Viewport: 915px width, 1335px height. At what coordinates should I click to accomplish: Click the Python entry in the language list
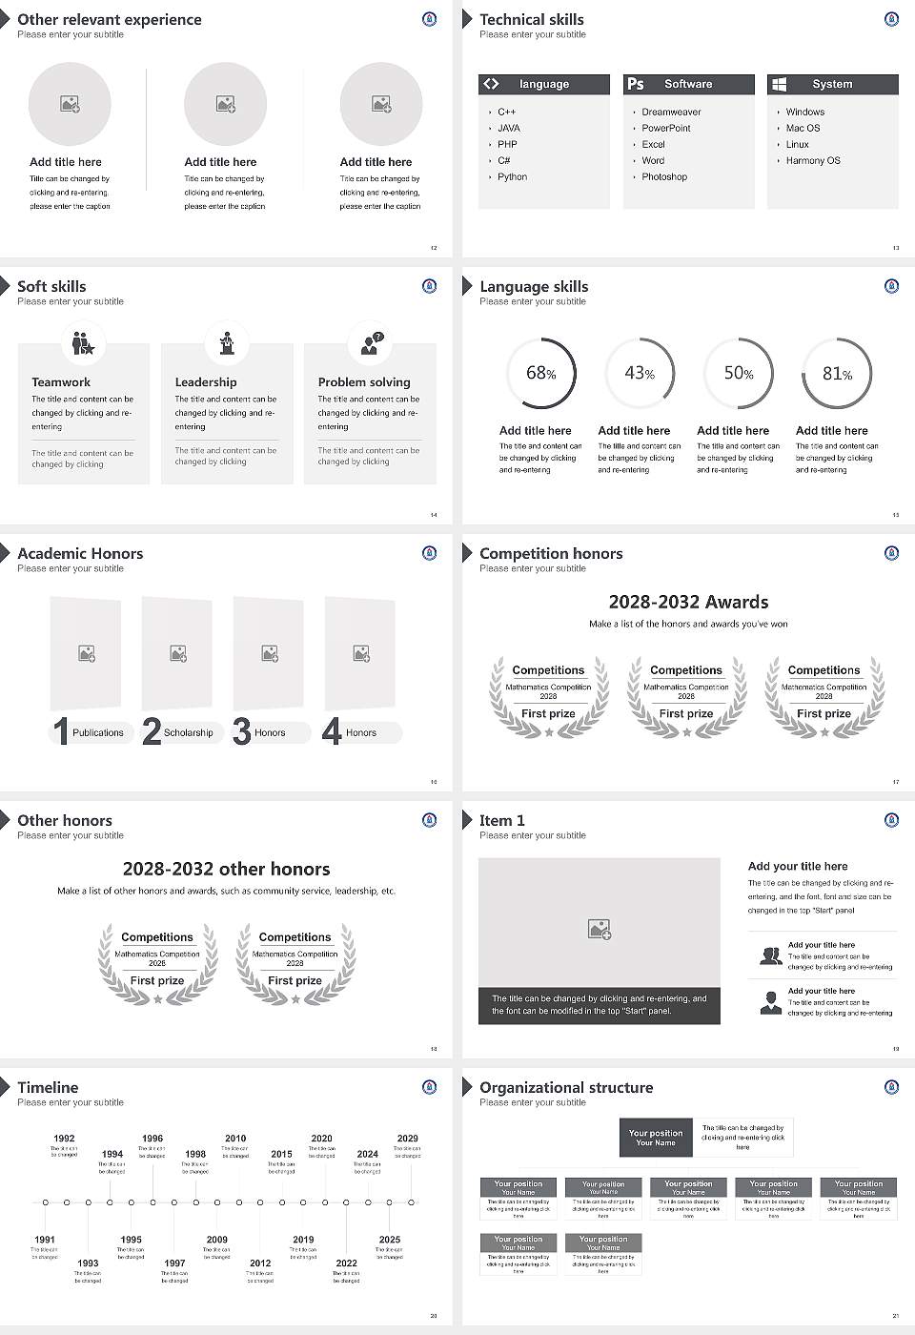pos(512,177)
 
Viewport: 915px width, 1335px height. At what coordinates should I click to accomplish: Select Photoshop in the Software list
pos(664,177)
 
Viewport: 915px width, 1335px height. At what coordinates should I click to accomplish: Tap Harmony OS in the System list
pos(813,161)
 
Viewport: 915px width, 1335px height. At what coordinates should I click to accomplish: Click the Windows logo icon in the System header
pos(779,84)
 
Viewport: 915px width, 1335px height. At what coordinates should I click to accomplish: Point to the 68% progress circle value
pos(540,374)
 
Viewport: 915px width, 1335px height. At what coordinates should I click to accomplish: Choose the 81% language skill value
pos(837,374)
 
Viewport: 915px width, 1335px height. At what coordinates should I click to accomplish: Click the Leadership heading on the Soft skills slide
pos(206,382)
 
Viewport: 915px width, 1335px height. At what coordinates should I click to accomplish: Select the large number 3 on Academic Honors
pos(242,731)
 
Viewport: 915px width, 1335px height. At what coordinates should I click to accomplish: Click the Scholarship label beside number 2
pos(188,733)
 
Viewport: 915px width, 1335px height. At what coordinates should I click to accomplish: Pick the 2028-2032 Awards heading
pos(688,603)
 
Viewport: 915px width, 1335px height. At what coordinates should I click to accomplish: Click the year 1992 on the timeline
pos(64,1139)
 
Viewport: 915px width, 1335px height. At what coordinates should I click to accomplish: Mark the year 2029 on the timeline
pos(407,1139)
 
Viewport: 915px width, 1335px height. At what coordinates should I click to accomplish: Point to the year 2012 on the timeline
pos(260,1263)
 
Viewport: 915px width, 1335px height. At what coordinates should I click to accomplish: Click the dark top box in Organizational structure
pos(656,1138)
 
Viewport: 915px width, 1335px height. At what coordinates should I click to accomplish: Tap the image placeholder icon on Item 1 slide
pos(599,929)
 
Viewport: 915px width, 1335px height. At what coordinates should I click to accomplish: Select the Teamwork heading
pos(61,382)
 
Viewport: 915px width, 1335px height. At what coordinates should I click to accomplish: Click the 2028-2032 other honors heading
pos(226,870)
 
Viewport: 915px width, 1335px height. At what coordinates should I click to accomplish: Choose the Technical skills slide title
pos(531,20)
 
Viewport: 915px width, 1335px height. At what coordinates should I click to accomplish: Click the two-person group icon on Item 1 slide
pos(770,956)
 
